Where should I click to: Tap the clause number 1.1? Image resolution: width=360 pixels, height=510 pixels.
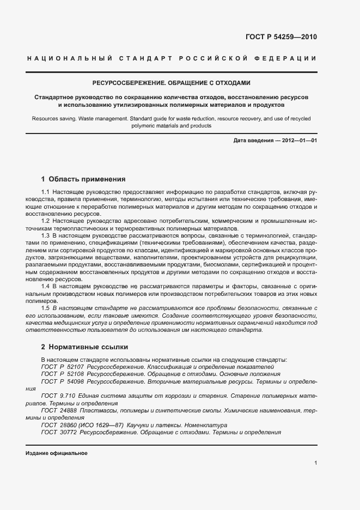coord(46,192)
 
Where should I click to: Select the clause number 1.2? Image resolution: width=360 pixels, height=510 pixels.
coord(46,221)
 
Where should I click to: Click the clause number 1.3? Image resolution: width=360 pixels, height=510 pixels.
coord(46,235)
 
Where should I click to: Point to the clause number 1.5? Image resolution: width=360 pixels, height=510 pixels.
coord(46,308)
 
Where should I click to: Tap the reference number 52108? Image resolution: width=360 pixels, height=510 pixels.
coord(76,374)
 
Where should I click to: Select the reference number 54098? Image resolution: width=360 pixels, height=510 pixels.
coord(76,382)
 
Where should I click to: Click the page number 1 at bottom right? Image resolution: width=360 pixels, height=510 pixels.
coord(315,463)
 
